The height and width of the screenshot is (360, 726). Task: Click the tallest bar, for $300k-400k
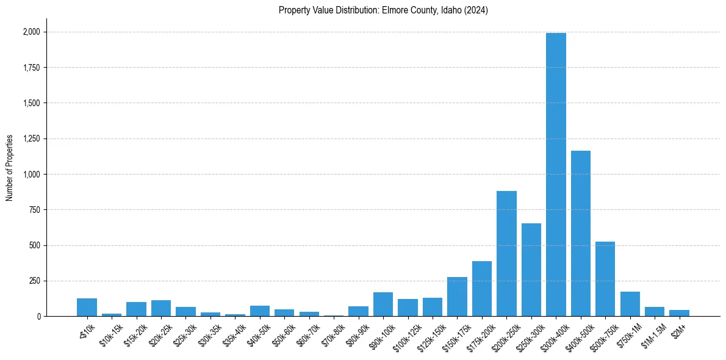tap(556, 175)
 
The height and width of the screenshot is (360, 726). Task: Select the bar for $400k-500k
tap(580, 233)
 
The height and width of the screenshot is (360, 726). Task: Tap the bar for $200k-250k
tap(506, 253)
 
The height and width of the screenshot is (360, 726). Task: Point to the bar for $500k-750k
tap(605, 279)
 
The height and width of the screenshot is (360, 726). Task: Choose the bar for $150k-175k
tap(457, 297)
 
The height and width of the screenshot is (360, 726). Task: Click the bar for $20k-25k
tap(161, 308)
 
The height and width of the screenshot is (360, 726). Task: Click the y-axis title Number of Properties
tap(10, 168)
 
